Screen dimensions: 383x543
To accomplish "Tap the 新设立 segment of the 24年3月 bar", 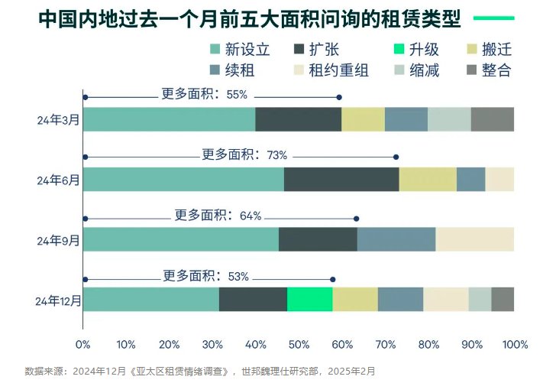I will click(x=169, y=120).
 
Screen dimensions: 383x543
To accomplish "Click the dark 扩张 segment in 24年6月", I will click(x=341, y=179).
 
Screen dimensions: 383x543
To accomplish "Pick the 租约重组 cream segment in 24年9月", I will click(x=474, y=239).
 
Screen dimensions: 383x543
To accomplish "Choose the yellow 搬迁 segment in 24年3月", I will click(x=363, y=120).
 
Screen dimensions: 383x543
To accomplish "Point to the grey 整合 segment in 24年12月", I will click(x=503, y=299).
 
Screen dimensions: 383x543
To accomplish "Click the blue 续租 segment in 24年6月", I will click(x=470, y=179).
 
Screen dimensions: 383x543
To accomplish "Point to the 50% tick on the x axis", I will click(x=299, y=344).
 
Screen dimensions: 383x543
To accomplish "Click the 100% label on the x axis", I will click(x=515, y=344).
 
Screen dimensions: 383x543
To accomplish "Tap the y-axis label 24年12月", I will click(x=57, y=300).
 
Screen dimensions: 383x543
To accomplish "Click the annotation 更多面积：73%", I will click(x=244, y=154).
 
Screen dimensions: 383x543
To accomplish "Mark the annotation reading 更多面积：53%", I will click(x=205, y=276).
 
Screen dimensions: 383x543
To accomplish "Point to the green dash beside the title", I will click(x=493, y=18).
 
